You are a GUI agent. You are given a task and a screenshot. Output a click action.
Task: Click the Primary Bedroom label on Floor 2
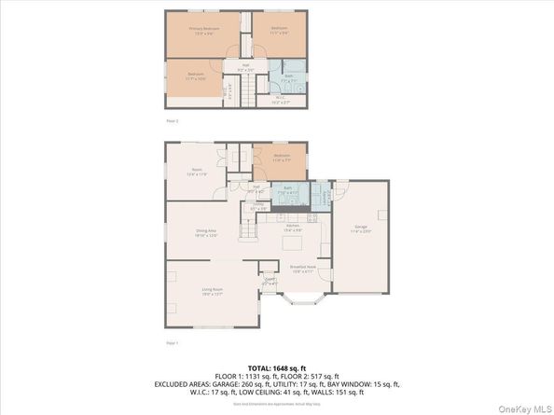coord(202,30)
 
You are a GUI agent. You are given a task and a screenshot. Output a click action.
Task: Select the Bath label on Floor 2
coord(290,76)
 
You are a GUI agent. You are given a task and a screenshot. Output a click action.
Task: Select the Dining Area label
coord(206,235)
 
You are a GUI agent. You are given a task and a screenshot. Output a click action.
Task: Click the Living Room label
coord(212,291)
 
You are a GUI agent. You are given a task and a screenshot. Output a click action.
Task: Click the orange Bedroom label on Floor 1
coord(282,157)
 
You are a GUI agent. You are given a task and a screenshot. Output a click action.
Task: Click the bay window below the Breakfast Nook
coord(302,302)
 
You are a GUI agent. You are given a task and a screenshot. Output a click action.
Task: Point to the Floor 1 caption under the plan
coord(172,344)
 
